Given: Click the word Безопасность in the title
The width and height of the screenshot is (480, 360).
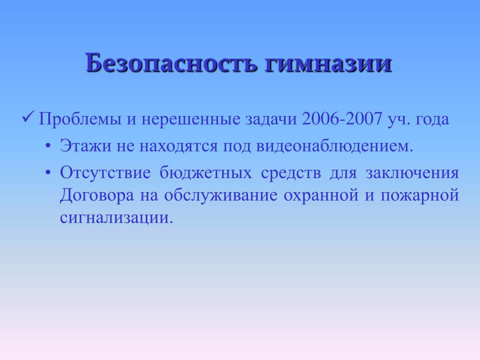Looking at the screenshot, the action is (x=171, y=63).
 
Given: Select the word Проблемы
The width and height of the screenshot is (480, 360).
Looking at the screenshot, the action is (x=80, y=119).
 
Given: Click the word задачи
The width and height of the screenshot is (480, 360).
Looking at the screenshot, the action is (x=271, y=119).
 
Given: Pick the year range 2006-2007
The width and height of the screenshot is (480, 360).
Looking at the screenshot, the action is (x=342, y=119).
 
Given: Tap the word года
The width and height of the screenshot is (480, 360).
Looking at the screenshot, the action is (x=432, y=120).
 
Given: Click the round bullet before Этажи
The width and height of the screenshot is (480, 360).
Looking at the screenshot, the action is (x=48, y=146).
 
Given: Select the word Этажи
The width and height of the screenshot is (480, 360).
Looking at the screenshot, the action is (x=85, y=146).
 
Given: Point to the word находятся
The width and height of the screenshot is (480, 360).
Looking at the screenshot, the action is (x=179, y=146).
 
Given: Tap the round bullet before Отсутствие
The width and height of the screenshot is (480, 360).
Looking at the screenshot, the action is (x=48, y=173).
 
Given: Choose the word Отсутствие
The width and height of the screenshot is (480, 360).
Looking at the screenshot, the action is (x=105, y=172).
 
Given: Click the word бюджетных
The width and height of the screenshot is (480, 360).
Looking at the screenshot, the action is (x=206, y=172).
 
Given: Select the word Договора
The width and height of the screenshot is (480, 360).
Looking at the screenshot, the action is (x=97, y=195).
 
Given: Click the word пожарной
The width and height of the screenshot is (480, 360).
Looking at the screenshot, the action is (x=420, y=195).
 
